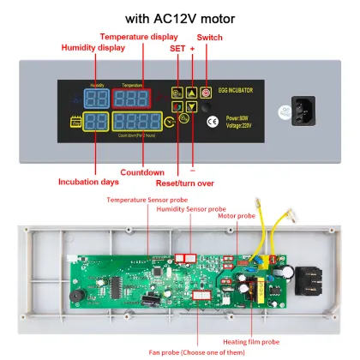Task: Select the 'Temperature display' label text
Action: click(139, 37)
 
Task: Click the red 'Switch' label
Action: click(210, 38)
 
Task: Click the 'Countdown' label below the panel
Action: click(141, 171)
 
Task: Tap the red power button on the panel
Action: click(206, 92)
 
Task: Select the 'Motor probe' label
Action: click(235, 218)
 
